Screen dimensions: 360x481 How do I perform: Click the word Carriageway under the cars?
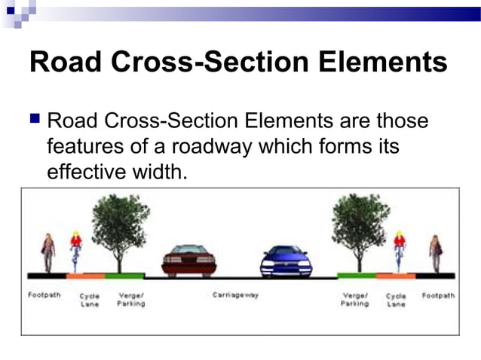[x=235, y=295]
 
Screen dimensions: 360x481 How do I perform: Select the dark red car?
[x=188, y=260]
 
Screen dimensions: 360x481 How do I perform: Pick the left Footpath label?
[x=44, y=295]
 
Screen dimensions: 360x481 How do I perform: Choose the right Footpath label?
[x=438, y=295]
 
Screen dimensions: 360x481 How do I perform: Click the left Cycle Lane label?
[x=90, y=300]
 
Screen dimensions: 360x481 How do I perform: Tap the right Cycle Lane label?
[x=396, y=300]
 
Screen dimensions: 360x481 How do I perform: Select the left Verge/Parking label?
[x=130, y=299]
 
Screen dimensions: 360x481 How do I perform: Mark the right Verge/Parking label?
[x=354, y=299]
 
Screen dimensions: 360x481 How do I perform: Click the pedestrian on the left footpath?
[x=48, y=252]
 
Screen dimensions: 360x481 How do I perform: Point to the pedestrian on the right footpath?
[x=436, y=252]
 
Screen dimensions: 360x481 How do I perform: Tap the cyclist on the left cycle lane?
[x=76, y=252]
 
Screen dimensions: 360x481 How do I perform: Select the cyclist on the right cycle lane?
[x=399, y=252]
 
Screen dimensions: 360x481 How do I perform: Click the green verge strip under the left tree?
[x=124, y=276]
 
